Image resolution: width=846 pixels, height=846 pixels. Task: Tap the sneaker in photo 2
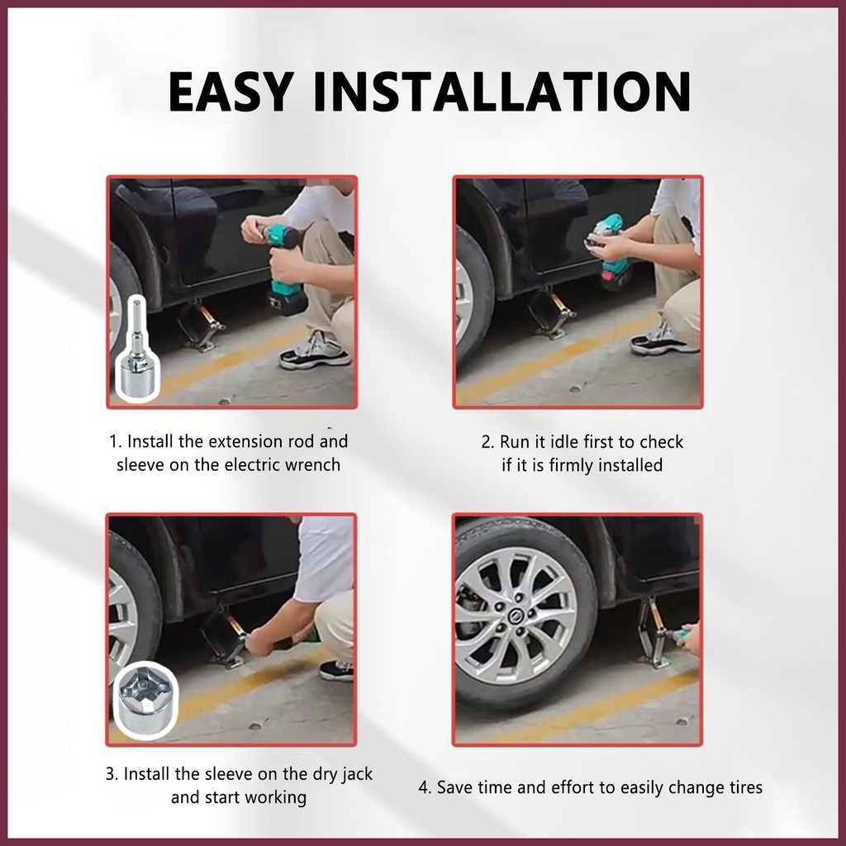coord(664,339)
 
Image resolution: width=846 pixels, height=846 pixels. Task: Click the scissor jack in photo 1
coord(199,324)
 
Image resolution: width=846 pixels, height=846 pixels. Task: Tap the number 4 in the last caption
coord(424,787)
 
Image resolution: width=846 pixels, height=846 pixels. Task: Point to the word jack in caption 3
coord(356,774)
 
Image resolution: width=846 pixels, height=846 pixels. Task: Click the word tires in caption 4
coord(741,787)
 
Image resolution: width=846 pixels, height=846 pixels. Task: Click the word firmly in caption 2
coord(569,465)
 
